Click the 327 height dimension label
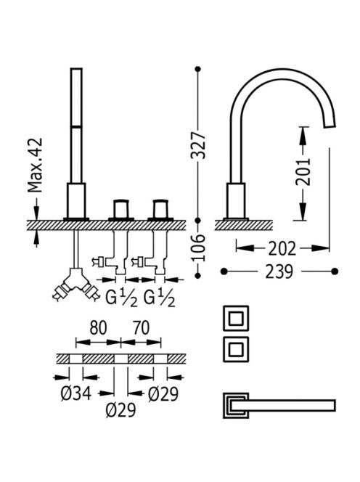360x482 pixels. click(198, 145)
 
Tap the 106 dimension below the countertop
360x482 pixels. click(198, 248)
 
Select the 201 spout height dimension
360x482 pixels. click(303, 172)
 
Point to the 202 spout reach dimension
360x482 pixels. click(282, 248)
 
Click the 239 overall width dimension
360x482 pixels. click(279, 271)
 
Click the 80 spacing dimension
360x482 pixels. click(99, 327)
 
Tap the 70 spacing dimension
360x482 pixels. click(141, 327)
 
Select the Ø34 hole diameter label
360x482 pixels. click(76, 393)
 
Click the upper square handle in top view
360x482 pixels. click(236, 318)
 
